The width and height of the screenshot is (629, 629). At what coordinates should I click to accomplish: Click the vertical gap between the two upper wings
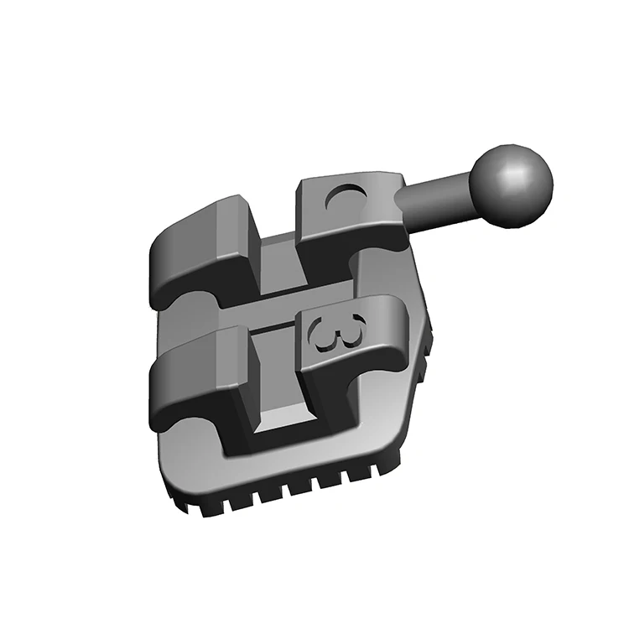pyautogui.click(x=277, y=252)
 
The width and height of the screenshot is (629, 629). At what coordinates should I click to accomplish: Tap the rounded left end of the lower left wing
pyautogui.click(x=155, y=386)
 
